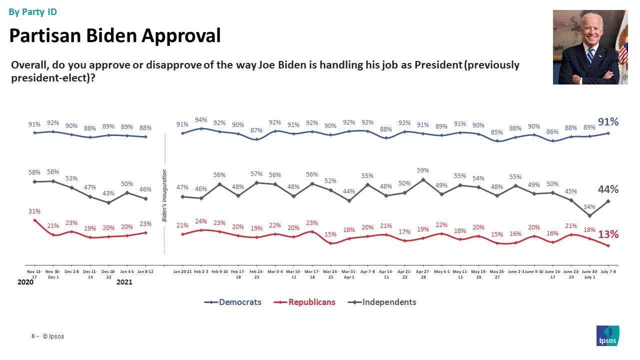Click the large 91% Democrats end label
point(608,121)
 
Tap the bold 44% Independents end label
point(608,189)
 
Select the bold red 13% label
point(608,234)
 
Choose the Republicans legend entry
point(305,302)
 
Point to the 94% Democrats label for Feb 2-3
point(201,119)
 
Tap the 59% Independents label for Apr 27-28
point(423,170)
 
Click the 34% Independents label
point(590,206)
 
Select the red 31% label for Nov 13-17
point(34,211)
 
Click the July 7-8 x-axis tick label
point(608,270)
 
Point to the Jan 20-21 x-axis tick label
point(182,270)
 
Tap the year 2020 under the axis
point(25,282)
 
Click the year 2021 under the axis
point(124,282)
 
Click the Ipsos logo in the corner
point(608,335)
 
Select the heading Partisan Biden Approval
point(115,35)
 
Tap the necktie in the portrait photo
point(590,55)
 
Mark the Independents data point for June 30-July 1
point(590,216)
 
